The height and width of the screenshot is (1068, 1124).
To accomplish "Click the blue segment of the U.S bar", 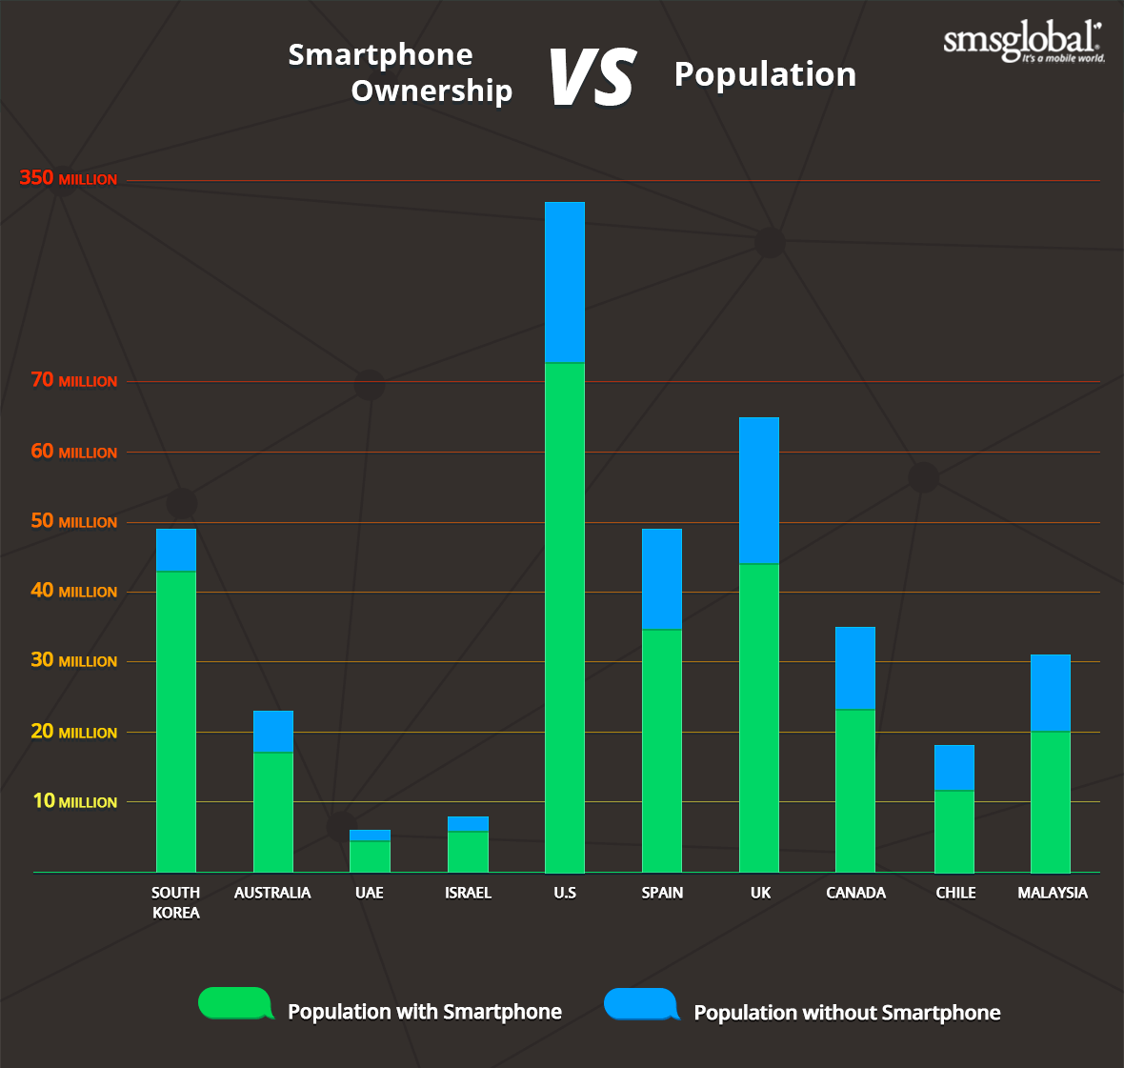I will click(565, 282).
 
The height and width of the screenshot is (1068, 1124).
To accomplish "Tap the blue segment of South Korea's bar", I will click(176, 550).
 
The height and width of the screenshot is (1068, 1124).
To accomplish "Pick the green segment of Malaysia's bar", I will click(1051, 801).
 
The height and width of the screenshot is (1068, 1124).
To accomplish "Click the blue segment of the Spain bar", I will click(662, 578).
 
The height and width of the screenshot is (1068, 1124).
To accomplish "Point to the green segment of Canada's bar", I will click(855, 790).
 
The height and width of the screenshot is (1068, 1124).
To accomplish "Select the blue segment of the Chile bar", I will click(954, 767).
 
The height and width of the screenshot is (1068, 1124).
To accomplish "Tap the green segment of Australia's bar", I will click(273, 812).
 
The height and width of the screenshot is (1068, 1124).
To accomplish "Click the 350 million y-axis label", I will click(69, 178).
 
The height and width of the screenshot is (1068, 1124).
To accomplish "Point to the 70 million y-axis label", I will click(73, 380).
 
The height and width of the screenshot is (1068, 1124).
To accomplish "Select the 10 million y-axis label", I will click(74, 801).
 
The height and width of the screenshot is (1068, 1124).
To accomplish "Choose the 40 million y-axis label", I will click(73, 591).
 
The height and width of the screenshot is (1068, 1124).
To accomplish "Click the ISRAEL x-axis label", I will click(468, 893).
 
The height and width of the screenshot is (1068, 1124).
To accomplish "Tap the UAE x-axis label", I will click(370, 893).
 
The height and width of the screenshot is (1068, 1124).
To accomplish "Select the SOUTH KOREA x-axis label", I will click(176, 902).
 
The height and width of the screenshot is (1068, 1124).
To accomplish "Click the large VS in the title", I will click(592, 77).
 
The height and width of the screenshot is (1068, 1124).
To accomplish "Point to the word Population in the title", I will click(765, 74).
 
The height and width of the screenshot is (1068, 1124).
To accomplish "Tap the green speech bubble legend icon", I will click(235, 1003).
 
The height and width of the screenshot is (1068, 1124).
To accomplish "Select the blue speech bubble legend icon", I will click(641, 1004).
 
